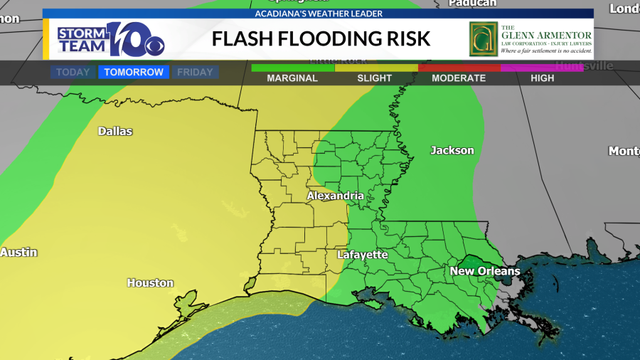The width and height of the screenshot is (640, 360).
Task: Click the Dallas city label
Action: point(114,131)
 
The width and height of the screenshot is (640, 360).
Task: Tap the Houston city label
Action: point(150,283)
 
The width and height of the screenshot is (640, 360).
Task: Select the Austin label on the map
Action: point(18,253)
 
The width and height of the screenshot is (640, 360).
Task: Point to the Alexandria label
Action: point(335,196)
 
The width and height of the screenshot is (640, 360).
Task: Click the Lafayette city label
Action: point(362,255)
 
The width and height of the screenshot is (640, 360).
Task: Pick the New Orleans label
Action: point(484,271)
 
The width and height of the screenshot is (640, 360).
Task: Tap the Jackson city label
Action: point(452,150)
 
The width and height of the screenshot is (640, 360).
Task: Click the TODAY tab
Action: point(73,73)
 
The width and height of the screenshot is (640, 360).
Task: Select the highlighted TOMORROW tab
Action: point(134,73)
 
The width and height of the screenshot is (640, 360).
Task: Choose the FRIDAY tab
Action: point(195,73)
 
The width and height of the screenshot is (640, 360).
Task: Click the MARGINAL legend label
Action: point(292,78)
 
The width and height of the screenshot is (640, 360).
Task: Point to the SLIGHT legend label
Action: point(375,78)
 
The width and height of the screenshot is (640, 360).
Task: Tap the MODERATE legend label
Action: point(459,78)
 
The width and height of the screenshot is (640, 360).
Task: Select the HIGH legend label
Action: point(542,78)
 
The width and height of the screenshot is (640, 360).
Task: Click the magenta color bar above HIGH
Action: point(542,68)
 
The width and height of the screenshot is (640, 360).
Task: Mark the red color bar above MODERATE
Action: point(459,68)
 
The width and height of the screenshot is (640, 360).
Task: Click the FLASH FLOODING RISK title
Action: point(321,38)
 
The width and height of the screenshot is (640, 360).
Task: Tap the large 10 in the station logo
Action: point(127,39)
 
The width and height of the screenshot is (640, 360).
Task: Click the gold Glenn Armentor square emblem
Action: point(483,38)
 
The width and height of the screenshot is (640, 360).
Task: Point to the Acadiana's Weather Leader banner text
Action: point(319,14)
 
